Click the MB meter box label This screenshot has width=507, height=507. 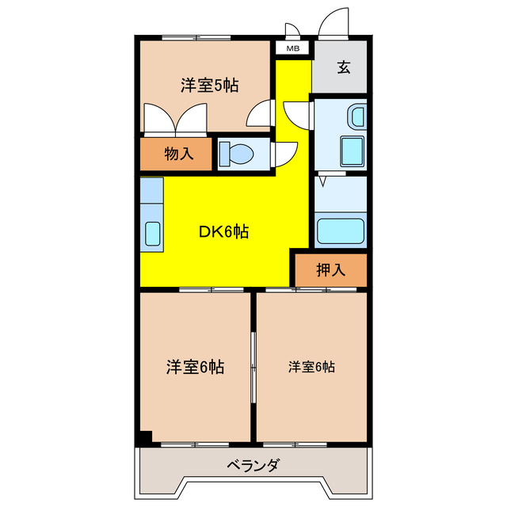click(x=292, y=49)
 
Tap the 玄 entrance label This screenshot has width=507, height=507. click(x=344, y=67)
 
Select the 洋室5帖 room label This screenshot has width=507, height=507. click(x=210, y=86)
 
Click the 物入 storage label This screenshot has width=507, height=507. click(x=179, y=153)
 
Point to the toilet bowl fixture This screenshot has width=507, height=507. click(x=236, y=154)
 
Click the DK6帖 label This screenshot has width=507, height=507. click(x=223, y=231)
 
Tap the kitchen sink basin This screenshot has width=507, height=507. click(x=152, y=234)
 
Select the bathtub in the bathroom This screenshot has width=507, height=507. click(x=341, y=231)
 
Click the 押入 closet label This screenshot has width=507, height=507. click(x=331, y=269)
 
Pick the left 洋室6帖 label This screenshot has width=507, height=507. click(x=196, y=367)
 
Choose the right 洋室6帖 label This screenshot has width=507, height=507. click(x=311, y=367)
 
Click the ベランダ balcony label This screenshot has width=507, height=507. click(x=253, y=466)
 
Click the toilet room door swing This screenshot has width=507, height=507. click(x=284, y=154)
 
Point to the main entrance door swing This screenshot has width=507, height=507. click(x=334, y=23)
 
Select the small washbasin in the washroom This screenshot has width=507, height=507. click(x=357, y=116)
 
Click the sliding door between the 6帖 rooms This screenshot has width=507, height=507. click(x=253, y=368)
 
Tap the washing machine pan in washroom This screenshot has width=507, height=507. click(x=352, y=151)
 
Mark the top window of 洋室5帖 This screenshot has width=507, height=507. click(x=196, y=38)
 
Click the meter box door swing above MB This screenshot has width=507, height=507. click(x=292, y=30)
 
